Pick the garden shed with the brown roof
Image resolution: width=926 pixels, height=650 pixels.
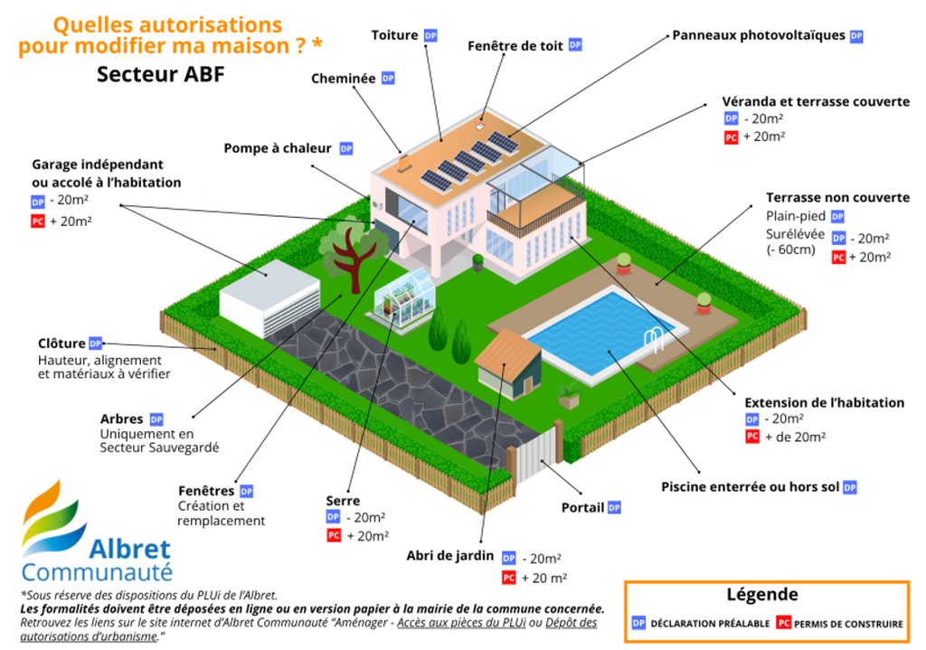[x=508, y=362]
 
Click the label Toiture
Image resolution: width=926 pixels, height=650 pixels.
[x=395, y=35]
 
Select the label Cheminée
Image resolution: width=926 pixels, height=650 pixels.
[x=343, y=79]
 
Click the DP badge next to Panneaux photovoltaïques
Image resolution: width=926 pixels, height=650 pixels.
[x=855, y=36]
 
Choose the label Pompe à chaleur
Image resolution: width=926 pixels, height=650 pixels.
[x=279, y=148]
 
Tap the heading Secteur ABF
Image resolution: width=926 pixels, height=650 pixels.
[x=160, y=75]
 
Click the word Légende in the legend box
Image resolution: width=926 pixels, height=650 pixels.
[x=762, y=595]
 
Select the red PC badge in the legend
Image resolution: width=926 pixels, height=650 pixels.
[x=784, y=623]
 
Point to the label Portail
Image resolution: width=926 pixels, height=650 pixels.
[x=582, y=508]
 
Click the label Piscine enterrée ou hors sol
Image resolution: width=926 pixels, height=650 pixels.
[x=750, y=487]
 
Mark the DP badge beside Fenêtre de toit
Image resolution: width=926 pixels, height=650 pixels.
[x=575, y=45]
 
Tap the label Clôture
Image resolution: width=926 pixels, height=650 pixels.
[x=61, y=344]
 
